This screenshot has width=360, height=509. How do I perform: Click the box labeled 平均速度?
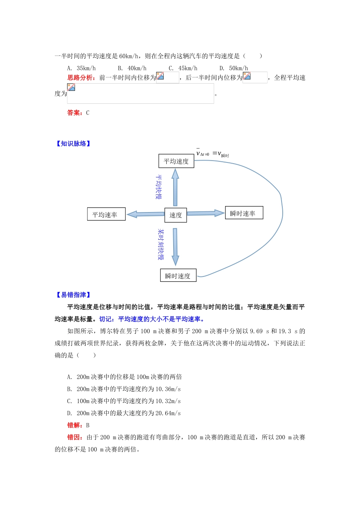pos(176,161)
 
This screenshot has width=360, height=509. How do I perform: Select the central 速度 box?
pos(175,215)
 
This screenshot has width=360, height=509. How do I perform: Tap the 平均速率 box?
pos(106,214)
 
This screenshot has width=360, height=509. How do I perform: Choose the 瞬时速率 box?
pos(244,213)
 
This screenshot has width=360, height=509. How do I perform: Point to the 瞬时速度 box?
pos(178,275)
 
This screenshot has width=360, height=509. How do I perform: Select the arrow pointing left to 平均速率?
pos(146,214)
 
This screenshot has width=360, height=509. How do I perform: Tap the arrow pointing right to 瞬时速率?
pos(206,213)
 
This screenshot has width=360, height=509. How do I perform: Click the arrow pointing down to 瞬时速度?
pos(175,247)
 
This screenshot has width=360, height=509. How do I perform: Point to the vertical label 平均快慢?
pos(159,187)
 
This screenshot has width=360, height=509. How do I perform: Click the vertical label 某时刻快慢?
pos(161,244)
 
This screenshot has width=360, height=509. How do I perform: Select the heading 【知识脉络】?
pos(73,144)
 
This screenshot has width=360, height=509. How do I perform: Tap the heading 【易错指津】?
pos(73,295)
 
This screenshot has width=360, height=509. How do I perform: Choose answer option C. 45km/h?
pos(183,68)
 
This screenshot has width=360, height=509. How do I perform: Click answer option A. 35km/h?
pos(81,68)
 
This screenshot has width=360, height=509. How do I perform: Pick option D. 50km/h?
pos(234,68)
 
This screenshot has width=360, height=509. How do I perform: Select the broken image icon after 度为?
pos(71,87)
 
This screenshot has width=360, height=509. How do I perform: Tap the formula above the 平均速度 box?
pos(212,153)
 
